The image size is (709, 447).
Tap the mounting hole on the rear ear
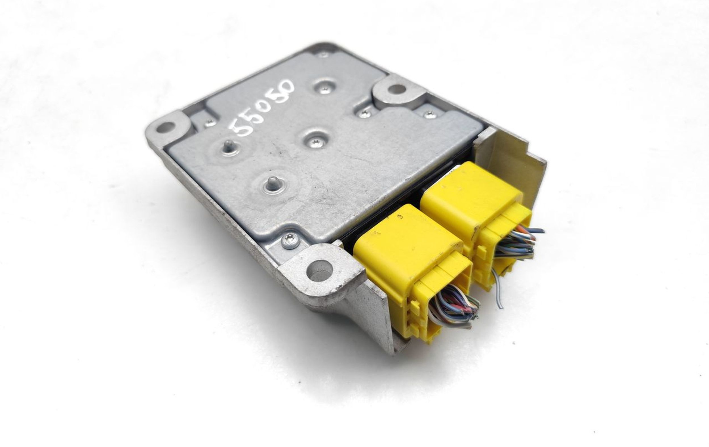click(x=396, y=88)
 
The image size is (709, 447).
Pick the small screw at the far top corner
click(x=324, y=54)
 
